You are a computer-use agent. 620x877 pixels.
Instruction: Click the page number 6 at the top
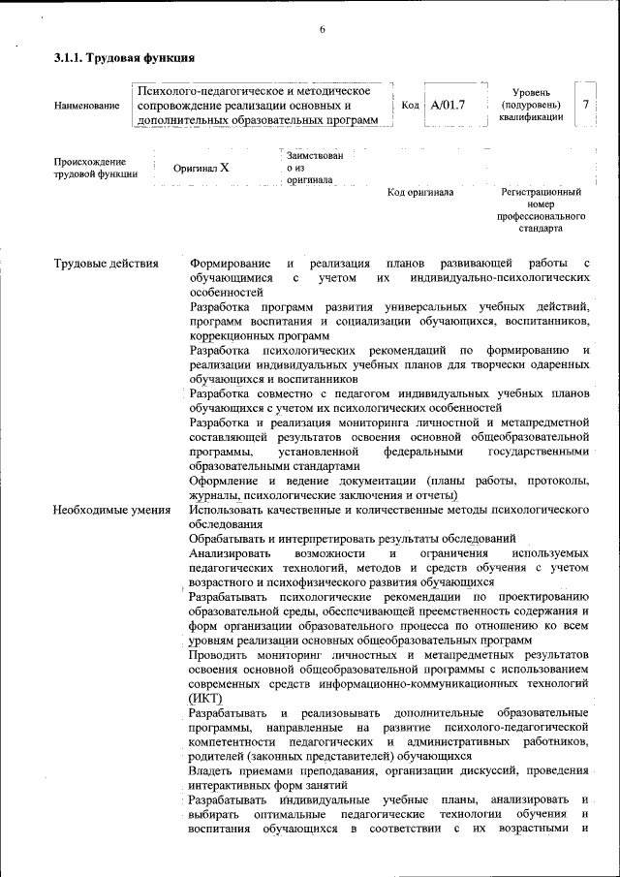[x=322, y=30]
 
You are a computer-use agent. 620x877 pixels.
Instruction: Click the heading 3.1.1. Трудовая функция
[x=117, y=58]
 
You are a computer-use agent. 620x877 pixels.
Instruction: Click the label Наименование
[x=87, y=105]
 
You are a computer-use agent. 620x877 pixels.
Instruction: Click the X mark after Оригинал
[x=225, y=167]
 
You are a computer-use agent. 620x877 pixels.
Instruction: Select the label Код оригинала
[x=420, y=193]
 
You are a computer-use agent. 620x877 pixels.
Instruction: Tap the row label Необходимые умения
[x=112, y=509]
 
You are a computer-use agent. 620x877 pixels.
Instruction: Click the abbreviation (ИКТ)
[x=206, y=698]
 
